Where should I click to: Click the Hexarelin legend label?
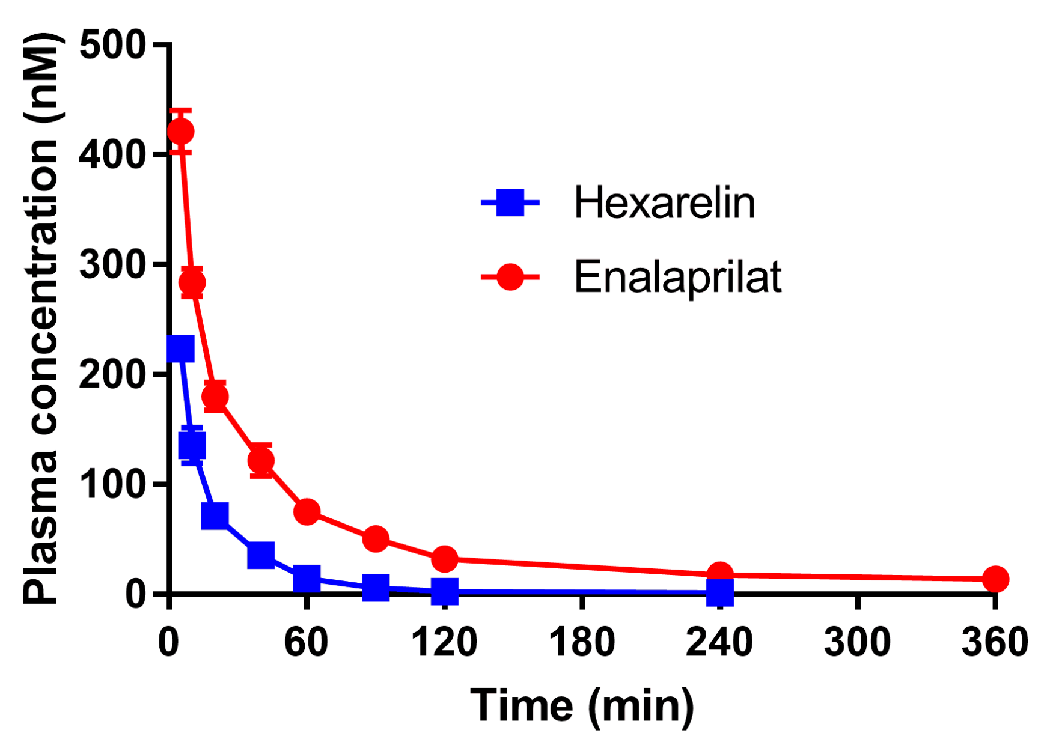(664, 202)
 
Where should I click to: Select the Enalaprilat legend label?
(677, 277)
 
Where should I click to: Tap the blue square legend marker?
(510, 202)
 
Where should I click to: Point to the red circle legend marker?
(510, 277)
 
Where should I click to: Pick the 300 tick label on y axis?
(112, 264)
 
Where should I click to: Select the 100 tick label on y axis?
(112, 484)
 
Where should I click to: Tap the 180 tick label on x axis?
(582, 642)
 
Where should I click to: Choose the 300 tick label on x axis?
(857, 642)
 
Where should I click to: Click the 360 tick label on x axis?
(995, 642)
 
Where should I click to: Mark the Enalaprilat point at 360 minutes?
(995, 579)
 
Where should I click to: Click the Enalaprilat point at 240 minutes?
(720, 574)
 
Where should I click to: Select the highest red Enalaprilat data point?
(180, 131)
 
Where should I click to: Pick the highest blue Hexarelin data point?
(180, 348)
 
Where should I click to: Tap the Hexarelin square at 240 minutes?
(720, 592)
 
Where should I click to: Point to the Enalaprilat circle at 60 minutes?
(307, 511)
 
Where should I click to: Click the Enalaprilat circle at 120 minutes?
(445, 559)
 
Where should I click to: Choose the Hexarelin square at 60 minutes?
(307, 578)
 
